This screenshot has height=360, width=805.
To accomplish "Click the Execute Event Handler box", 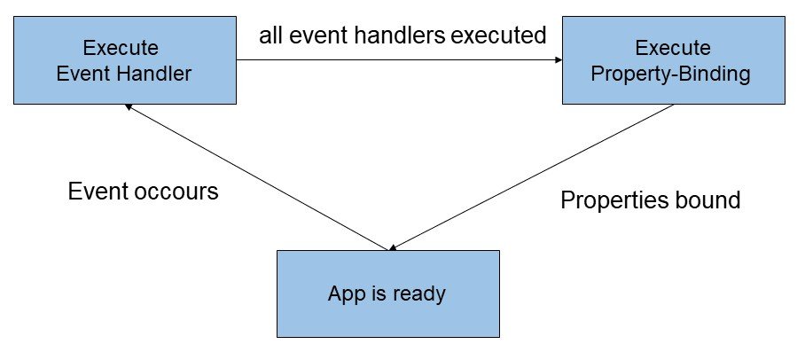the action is click(x=125, y=60).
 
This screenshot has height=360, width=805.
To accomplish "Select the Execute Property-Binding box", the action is click(x=674, y=60).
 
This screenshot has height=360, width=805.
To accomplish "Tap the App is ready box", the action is click(x=388, y=293).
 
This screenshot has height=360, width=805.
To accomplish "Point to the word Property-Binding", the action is click(x=670, y=74).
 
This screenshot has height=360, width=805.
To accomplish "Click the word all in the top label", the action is click(x=270, y=35).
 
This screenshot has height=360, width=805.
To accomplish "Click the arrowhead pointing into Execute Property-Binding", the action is click(x=559, y=60).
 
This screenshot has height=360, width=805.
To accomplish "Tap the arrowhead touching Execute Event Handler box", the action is click(x=129, y=106).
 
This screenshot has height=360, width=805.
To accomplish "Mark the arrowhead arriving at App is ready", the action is click(x=393, y=247).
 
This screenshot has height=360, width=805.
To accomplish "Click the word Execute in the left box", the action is click(x=121, y=48).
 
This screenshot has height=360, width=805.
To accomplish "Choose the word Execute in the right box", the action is click(x=673, y=48).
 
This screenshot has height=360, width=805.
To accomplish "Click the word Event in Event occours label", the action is click(x=98, y=192).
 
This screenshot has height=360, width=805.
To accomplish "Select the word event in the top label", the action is click(x=309, y=35).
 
